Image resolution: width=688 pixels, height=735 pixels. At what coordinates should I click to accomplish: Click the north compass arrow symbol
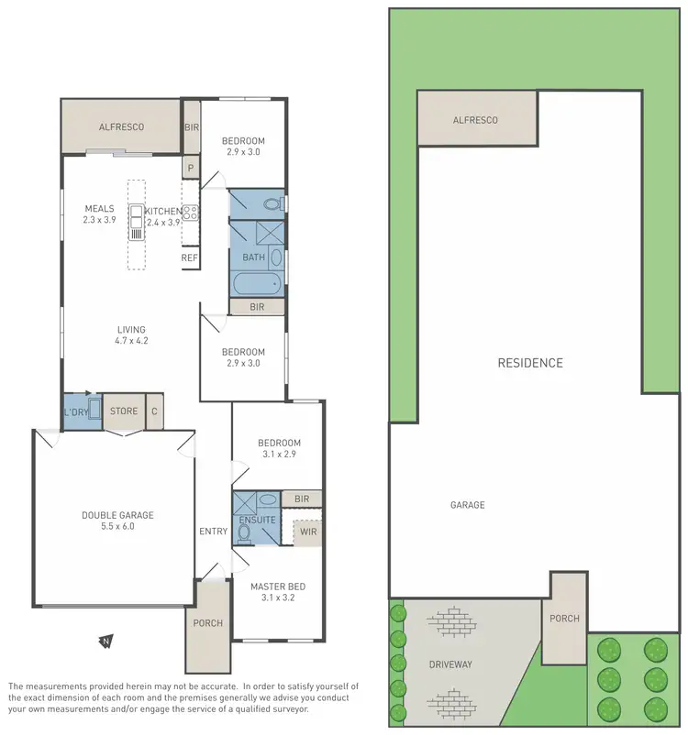pos(106,640)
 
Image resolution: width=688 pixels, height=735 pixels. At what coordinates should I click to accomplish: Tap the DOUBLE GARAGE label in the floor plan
pos(117,515)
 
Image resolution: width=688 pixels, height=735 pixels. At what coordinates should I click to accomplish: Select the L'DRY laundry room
pos(75,411)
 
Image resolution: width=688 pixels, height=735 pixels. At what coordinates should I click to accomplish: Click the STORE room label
pos(124,411)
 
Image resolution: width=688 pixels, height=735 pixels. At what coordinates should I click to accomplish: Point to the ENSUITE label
pos(257,520)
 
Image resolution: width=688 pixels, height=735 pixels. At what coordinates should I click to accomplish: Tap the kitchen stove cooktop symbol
pos(191,213)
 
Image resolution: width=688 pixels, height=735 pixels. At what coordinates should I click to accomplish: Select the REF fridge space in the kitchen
pos(190,258)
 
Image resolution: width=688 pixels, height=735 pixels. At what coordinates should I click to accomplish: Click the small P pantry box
pos(191,169)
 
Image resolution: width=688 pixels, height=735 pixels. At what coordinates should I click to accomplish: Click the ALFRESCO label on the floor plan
pos(120,126)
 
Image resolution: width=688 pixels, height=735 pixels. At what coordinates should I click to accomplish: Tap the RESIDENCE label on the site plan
pos(530,363)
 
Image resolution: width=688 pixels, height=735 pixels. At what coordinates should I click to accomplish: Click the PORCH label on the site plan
pos(564,619)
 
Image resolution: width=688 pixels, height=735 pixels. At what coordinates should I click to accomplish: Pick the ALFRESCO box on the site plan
pos(476,119)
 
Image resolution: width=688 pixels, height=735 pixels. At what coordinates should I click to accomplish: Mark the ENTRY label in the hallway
pos(213,532)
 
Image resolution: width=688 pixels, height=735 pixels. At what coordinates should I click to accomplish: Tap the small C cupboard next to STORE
pos(154,411)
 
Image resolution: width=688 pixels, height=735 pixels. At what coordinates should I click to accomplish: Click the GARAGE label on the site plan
pos(467,505)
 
